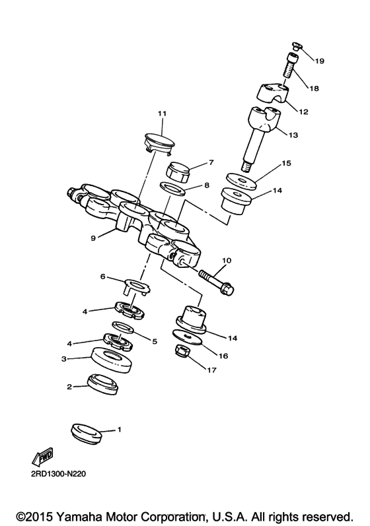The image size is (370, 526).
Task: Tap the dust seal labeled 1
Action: pos(88,433)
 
